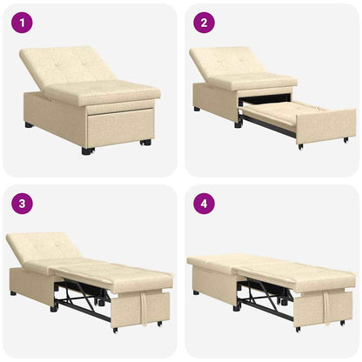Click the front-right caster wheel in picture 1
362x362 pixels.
point(144,142)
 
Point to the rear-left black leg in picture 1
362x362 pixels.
point(29,124)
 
